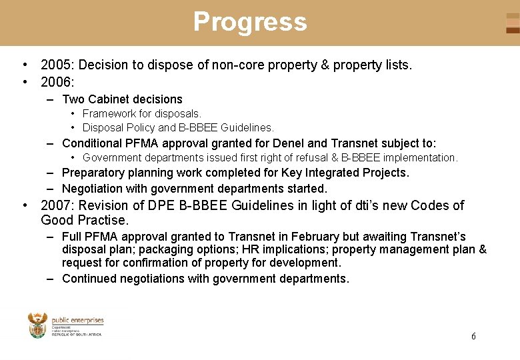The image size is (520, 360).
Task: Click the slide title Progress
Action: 250,22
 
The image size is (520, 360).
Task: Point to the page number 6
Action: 473,336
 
